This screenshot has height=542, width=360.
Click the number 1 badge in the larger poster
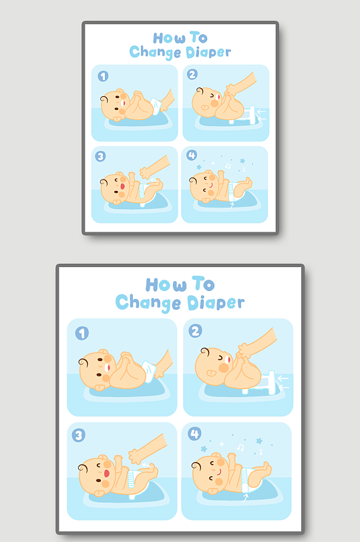pos(82,333)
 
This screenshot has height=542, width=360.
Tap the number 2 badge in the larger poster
pos(195,331)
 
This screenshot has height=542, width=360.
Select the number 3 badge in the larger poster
pos(79,435)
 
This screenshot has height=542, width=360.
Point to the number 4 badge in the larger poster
pos(194,433)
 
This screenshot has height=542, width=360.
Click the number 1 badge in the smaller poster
pos(103,76)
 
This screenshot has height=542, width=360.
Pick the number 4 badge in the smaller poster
pos(192,156)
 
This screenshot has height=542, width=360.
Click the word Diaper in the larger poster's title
pos(216,303)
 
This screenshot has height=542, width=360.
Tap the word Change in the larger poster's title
pos(148,303)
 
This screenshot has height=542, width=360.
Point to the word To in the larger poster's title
pos(203,284)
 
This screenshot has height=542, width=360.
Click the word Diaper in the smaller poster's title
pos(208,53)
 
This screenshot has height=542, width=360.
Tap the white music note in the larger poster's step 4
pos(240,447)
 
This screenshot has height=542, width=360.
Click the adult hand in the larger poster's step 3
pos(147,449)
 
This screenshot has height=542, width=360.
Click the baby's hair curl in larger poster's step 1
pos(83,362)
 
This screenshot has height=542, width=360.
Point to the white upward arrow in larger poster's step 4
pos(246,497)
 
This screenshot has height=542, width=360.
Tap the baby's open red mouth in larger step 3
pos(107,473)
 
